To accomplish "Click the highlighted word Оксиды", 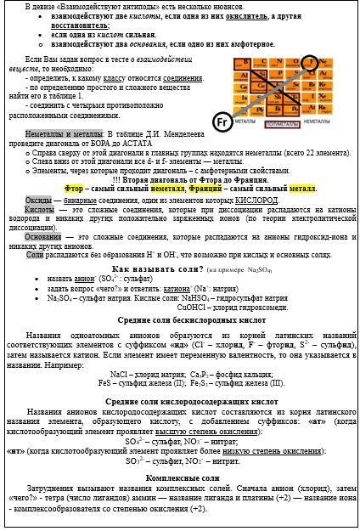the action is coord(38,197).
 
